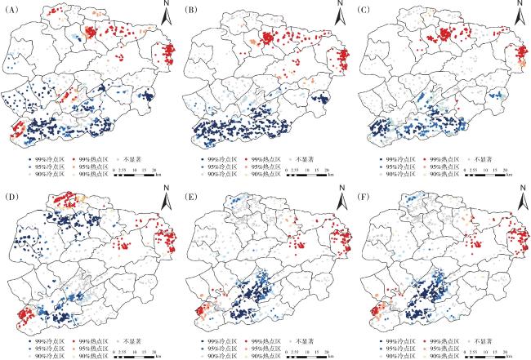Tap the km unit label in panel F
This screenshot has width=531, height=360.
[x=511, y=353]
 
